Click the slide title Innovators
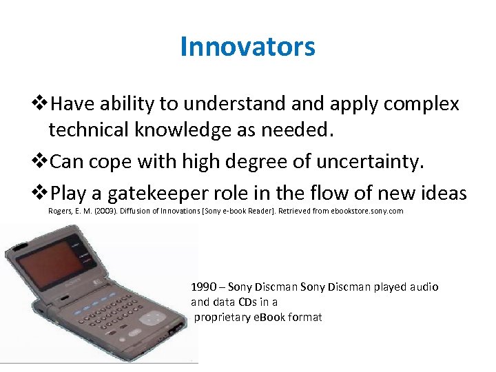[247, 47]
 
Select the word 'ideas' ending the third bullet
[442, 194]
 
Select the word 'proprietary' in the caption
[221, 318]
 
